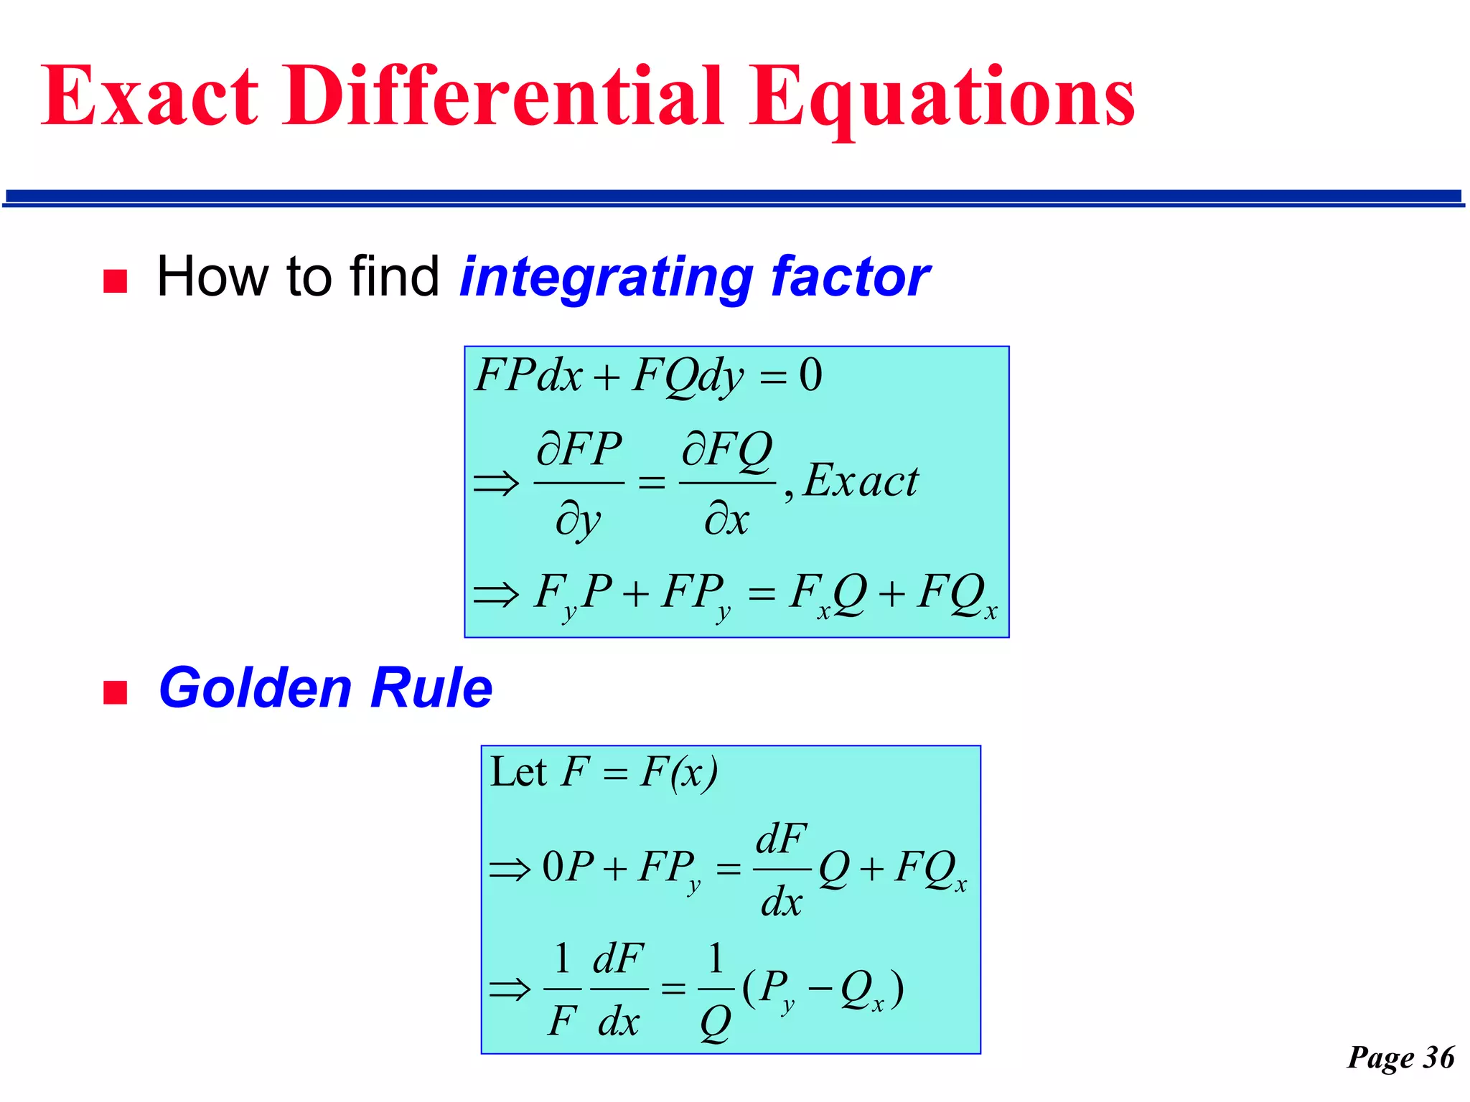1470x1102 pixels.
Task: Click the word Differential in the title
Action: pyautogui.click(x=503, y=97)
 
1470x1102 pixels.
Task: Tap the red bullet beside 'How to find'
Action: pyautogui.click(x=115, y=281)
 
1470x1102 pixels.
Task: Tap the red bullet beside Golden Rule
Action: pyautogui.click(x=115, y=692)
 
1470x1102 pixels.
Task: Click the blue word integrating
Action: pyautogui.click(x=605, y=278)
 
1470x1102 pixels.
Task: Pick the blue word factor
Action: pyautogui.click(x=850, y=277)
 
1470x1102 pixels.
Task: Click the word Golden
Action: pyautogui.click(x=254, y=687)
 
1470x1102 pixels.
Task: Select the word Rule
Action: pyautogui.click(x=431, y=687)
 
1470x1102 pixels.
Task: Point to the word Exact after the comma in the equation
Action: pyautogui.click(x=860, y=481)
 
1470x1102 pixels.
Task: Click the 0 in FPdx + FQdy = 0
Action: pyautogui.click(x=810, y=375)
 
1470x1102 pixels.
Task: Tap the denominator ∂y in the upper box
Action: pyautogui.click(x=579, y=519)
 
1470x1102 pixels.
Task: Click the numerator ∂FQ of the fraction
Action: pyautogui.click(x=726, y=451)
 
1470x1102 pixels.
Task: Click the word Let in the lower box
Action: pyautogui.click(x=518, y=773)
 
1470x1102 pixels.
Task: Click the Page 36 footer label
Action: pyautogui.click(x=1400, y=1057)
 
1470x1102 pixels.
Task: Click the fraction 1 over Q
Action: pyautogui.click(x=715, y=990)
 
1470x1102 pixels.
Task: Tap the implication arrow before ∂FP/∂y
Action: pyautogui.click(x=495, y=483)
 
